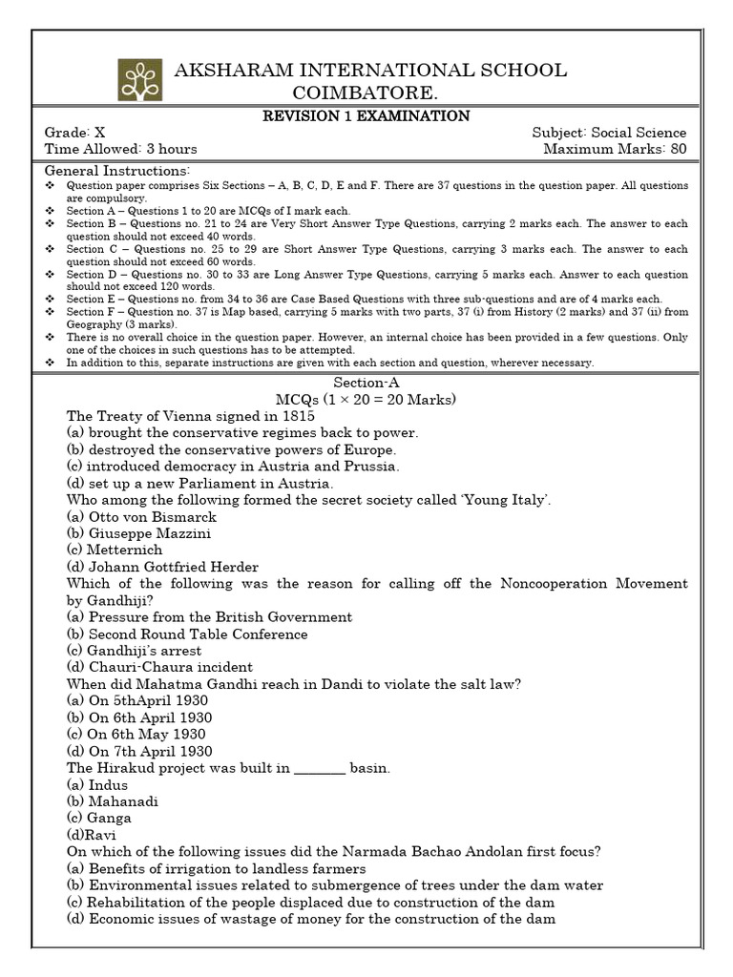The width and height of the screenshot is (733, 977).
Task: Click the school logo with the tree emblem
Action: pyautogui.click(x=140, y=79)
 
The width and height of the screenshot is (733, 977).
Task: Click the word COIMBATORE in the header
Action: pyautogui.click(x=366, y=92)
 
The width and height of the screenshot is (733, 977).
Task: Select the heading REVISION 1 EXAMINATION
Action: pyautogui.click(x=366, y=116)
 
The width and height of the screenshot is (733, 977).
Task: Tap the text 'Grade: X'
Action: pyautogui.click(x=81, y=133)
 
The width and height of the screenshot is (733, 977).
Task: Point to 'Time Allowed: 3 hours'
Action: pyautogui.click(x=121, y=149)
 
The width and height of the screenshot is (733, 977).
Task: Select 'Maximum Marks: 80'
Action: pyautogui.click(x=615, y=149)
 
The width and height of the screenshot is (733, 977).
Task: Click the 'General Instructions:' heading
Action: pyautogui.click(x=117, y=169)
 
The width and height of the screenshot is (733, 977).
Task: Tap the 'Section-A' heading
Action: pyautogui.click(x=366, y=382)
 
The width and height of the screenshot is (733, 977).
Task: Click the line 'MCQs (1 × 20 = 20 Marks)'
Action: pyautogui.click(x=366, y=399)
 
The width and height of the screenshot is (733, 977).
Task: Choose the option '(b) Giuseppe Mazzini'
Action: pyautogui.click(x=139, y=533)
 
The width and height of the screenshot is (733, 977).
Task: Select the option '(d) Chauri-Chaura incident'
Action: pyautogui.click(x=160, y=667)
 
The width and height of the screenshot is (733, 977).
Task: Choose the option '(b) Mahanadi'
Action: pyautogui.click(x=113, y=800)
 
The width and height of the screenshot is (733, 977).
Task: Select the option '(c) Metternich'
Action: pyautogui.click(x=115, y=550)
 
